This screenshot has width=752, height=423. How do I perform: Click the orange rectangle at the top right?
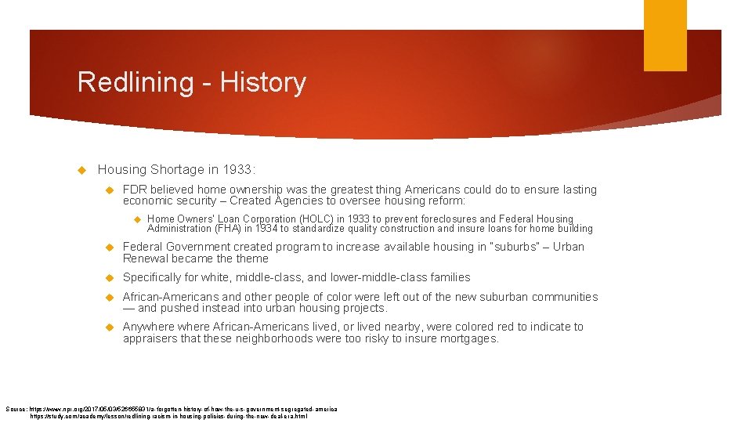(665, 35)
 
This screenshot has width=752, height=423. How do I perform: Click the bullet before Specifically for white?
(110, 277)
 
